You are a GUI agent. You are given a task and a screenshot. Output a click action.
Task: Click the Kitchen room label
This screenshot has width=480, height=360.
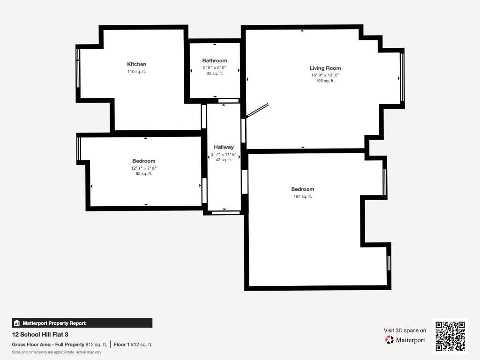(x=136, y=64)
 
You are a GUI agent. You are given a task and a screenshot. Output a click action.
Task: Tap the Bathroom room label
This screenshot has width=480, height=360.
(x=215, y=60)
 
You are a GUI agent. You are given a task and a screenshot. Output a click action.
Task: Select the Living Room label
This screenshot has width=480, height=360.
(x=325, y=68)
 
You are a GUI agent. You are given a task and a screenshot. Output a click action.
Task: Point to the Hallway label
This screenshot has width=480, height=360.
(x=224, y=147)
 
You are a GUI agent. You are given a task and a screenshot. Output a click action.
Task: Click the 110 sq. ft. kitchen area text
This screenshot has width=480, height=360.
(x=136, y=72)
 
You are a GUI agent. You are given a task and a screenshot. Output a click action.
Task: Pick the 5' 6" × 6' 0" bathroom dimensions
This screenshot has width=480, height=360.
(x=215, y=67)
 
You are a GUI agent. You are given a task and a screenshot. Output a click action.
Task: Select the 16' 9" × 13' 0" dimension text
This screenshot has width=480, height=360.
(x=325, y=75)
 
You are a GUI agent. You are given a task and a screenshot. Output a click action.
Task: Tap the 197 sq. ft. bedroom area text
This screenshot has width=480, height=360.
(x=303, y=196)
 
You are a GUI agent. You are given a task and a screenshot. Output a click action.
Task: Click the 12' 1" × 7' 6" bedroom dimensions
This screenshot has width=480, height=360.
(x=144, y=168)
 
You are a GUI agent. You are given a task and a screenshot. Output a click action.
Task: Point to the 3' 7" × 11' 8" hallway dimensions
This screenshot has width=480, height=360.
(x=224, y=154)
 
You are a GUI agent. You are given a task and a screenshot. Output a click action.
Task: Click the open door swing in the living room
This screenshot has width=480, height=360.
(x=257, y=111)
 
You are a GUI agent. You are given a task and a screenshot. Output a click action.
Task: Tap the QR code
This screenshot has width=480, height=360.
(x=450, y=336)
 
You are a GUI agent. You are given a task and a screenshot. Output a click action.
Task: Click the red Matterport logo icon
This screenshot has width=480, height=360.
(x=390, y=340)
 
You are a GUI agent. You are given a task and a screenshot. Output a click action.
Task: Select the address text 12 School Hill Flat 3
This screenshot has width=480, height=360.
(x=40, y=335)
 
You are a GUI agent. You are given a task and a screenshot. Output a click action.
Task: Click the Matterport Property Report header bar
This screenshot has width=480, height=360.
(x=82, y=323)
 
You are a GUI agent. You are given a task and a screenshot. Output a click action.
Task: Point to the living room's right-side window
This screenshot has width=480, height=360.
(x=402, y=77)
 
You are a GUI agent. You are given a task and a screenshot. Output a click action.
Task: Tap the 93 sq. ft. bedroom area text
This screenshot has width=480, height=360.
(x=144, y=173)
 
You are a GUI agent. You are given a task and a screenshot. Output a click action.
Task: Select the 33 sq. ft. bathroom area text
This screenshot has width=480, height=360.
(x=215, y=74)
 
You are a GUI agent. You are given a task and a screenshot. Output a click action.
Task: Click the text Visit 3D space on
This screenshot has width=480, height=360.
(x=405, y=330)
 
